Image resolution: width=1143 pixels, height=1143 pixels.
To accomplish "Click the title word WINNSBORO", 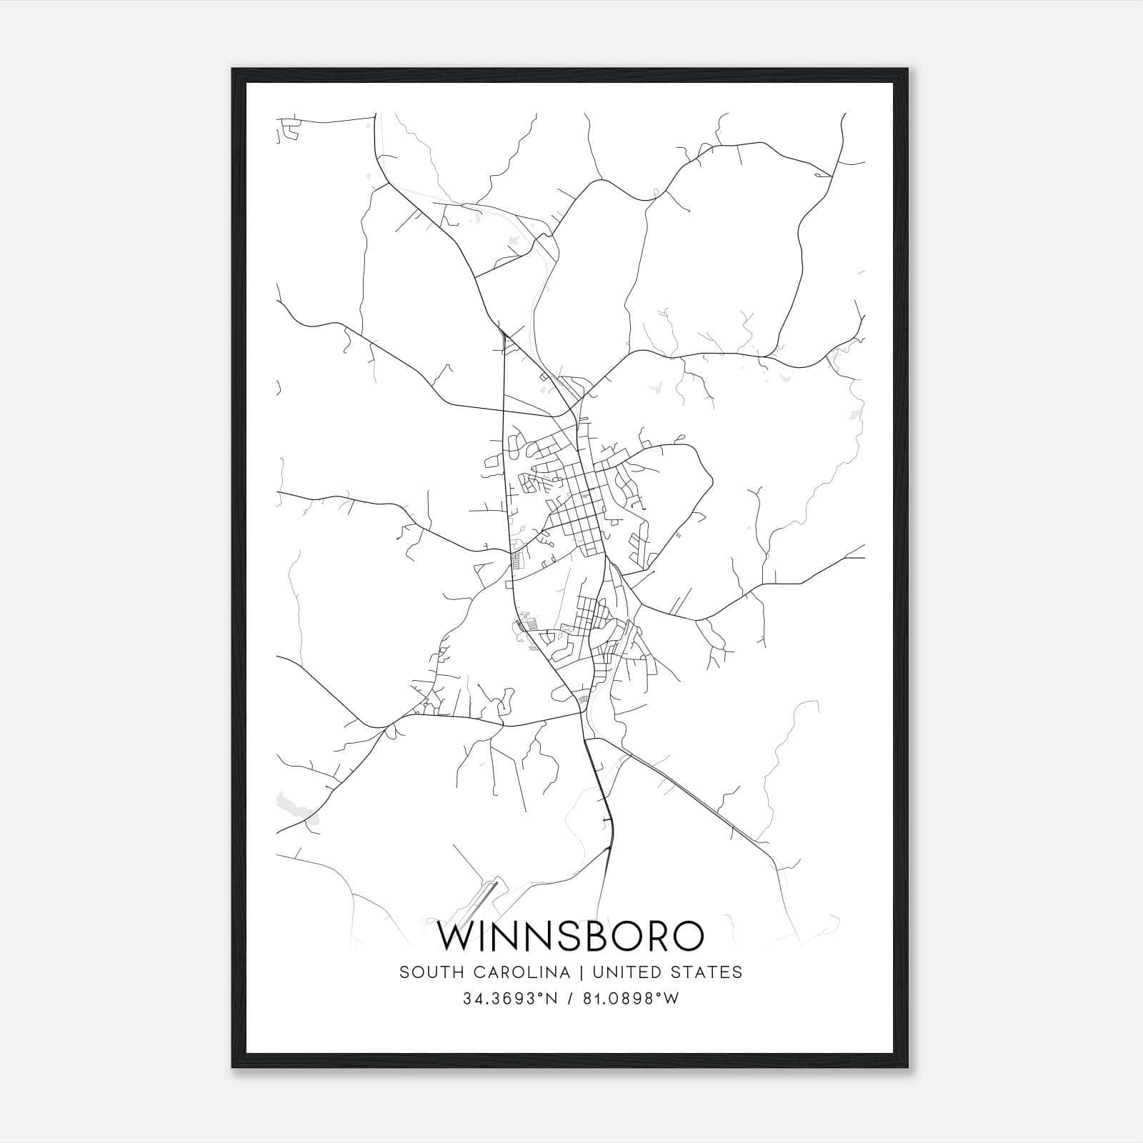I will coord(570,937).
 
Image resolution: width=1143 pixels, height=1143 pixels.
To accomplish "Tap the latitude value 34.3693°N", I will coord(508,999).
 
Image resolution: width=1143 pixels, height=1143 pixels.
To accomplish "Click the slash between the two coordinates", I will coord(569,999).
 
